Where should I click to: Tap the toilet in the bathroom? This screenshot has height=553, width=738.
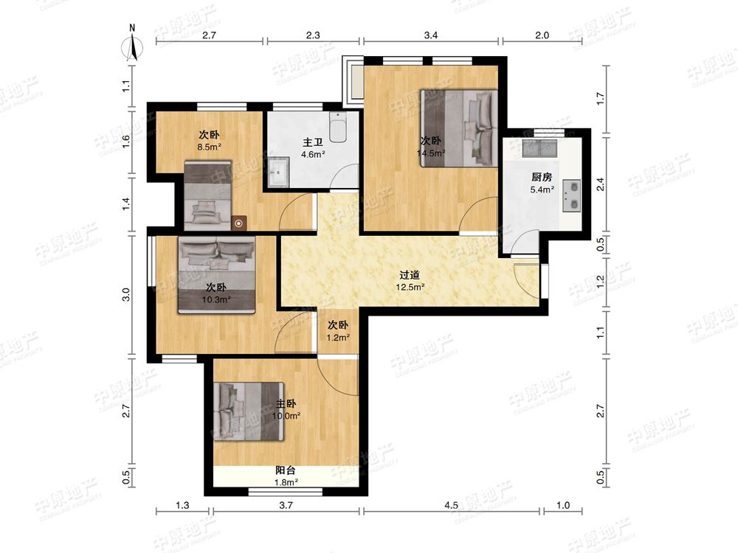pyautogui.click(x=338, y=127)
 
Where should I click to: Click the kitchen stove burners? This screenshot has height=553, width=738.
pyautogui.click(x=571, y=196)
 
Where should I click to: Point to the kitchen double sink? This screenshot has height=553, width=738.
pyautogui.click(x=540, y=148)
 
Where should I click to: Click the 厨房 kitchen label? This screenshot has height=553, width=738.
pyautogui.click(x=542, y=177)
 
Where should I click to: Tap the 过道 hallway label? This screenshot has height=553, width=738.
pyautogui.click(x=410, y=275)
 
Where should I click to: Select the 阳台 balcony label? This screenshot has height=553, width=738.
pyautogui.click(x=286, y=470)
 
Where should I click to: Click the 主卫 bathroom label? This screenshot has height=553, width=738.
pyautogui.click(x=312, y=142)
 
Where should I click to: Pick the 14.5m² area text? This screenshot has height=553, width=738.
pyautogui.click(x=431, y=153)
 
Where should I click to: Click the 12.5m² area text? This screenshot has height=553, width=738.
pyautogui.click(x=410, y=287)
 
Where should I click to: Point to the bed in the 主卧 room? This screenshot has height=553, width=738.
pyautogui.click(x=249, y=411)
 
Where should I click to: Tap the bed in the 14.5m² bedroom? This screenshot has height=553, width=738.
pyautogui.click(x=459, y=128)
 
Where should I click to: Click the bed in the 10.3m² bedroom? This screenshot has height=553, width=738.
pyautogui.click(x=216, y=274)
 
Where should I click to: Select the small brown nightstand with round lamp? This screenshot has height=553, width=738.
pyautogui.click(x=239, y=223)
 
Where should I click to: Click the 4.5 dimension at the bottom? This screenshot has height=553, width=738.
pyautogui.click(x=451, y=506)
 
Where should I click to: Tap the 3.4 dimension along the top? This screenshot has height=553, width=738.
pyautogui.click(x=431, y=35)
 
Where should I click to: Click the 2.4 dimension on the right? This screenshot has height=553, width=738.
pyautogui.click(x=600, y=184)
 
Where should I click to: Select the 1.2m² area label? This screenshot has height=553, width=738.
pyautogui.click(x=339, y=337)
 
